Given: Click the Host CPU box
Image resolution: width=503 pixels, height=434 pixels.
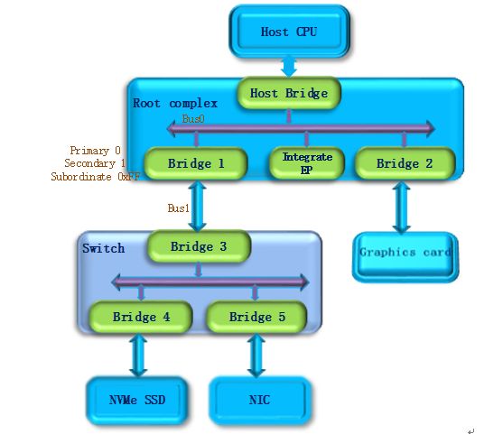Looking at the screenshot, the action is [289, 32].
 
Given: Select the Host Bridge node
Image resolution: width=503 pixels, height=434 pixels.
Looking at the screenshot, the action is [289, 93].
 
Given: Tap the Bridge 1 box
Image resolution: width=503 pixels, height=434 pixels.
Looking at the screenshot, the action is [196, 163].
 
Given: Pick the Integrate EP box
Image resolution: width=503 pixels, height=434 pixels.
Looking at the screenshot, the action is [307, 163].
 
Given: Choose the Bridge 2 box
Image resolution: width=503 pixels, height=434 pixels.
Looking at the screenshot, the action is [405, 163].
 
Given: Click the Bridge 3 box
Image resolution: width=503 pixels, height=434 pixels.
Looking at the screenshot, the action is [199, 246].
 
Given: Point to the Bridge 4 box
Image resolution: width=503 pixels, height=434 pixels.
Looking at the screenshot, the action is [141, 317].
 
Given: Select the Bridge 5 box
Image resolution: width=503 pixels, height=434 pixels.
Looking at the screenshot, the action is [257, 317].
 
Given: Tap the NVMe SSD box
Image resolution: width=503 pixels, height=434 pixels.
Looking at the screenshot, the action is [137, 400].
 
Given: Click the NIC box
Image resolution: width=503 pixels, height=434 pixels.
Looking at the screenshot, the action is [260, 400].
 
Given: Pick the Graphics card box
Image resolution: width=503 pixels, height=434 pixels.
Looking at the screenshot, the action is [405, 257].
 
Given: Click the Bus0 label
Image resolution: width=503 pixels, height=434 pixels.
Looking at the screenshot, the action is [193, 119].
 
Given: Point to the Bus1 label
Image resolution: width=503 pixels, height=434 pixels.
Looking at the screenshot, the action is [179, 208].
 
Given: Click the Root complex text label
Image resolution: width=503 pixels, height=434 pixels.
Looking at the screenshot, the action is [175, 103].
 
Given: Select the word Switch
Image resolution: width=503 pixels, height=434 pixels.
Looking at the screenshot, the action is [103, 248].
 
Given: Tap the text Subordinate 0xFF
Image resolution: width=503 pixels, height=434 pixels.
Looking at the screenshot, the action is [96, 177].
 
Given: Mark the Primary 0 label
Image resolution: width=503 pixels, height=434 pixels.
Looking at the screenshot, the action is [96, 150].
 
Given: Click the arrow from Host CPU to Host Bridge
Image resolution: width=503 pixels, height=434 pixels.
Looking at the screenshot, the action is [289, 67].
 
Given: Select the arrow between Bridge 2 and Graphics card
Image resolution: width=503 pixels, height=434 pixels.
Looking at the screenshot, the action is [401, 207].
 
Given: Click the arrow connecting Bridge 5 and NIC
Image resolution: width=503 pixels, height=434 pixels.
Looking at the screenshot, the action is [256, 356].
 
